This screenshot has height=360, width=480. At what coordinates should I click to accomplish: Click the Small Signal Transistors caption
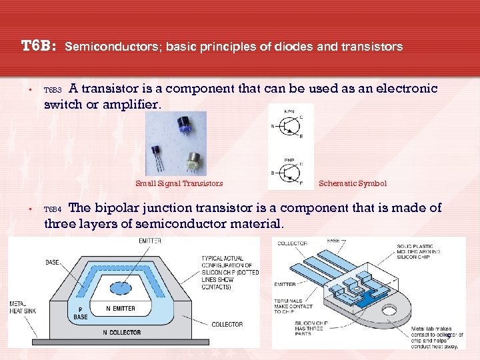pos(179,183)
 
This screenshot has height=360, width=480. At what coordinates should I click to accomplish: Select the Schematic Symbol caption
pos(352,183)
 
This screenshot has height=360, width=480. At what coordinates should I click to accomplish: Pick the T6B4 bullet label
pos(52,209)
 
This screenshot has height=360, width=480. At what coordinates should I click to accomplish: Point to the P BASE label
pos(81,313)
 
